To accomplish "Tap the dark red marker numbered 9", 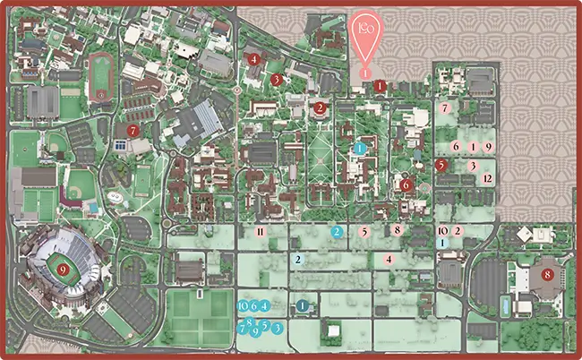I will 62,268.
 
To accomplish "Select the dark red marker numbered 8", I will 547,274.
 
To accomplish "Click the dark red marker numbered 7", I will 133,130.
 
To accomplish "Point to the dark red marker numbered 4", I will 255,59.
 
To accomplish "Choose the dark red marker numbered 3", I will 277,79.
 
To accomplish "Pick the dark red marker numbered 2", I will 320,108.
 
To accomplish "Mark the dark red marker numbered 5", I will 441,165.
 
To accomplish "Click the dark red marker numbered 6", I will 407,185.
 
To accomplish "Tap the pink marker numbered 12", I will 487,178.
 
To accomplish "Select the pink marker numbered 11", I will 261,231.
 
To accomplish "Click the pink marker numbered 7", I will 445,108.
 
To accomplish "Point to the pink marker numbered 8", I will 397,230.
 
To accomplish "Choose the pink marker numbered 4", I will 389,259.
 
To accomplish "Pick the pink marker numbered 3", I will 472,166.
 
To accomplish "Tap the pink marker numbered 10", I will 442,230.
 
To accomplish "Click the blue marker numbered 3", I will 278,329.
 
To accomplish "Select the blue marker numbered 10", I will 244,305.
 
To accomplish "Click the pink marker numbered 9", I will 488,146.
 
